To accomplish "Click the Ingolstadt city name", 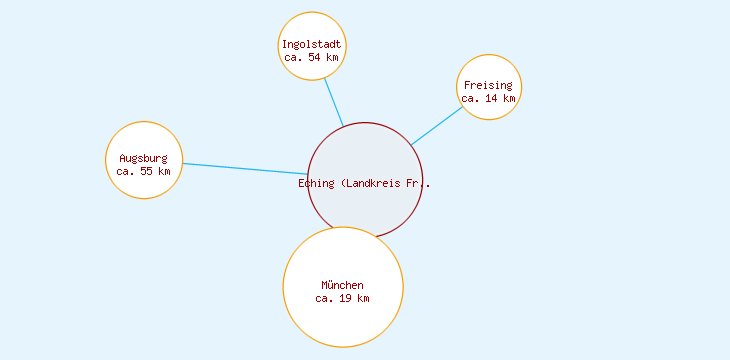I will (311, 45).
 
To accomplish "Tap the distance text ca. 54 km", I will (311, 58).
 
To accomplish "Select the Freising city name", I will (488, 86).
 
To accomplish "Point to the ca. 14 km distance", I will (488, 99).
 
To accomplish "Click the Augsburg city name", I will (143, 158).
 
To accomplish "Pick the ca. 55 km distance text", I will (143, 171).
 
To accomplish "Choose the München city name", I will (342, 285).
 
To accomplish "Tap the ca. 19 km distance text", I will (342, 298).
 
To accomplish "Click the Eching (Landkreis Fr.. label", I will (365, 183).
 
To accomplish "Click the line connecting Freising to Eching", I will (437, 125).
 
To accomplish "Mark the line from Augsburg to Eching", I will (245, 169).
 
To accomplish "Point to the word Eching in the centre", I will (316, 183).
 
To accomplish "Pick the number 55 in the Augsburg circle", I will (147, 171).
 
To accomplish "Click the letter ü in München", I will (331, 285).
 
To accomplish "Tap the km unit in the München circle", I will (364, 298).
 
